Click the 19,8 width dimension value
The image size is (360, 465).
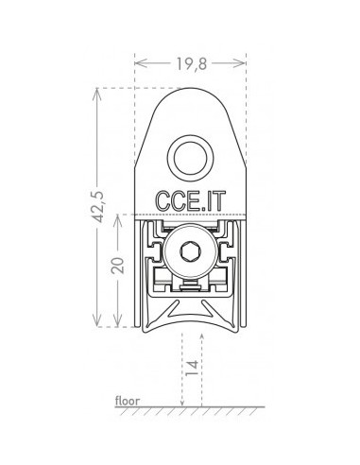tap(191, 64)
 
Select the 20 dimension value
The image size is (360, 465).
tap(118, 266)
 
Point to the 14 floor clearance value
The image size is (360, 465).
tap(192, 368)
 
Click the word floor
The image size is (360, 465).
tap(128, 401)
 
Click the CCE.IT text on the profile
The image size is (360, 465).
tap(191, 201)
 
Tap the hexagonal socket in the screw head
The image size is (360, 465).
tap(190, 251)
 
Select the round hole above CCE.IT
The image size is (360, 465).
tap(190, 158)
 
